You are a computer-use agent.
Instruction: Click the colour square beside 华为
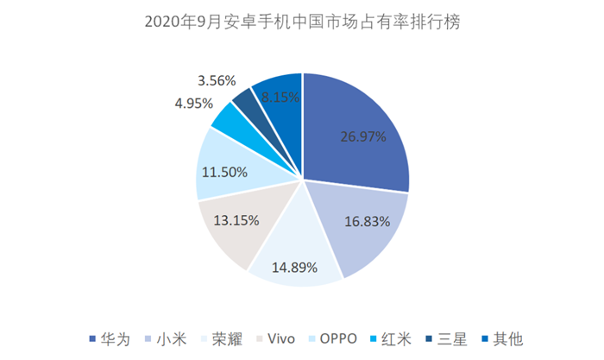click(92, 338)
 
